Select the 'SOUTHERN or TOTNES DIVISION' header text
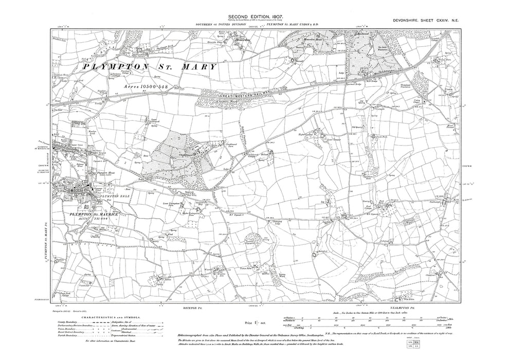217,25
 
